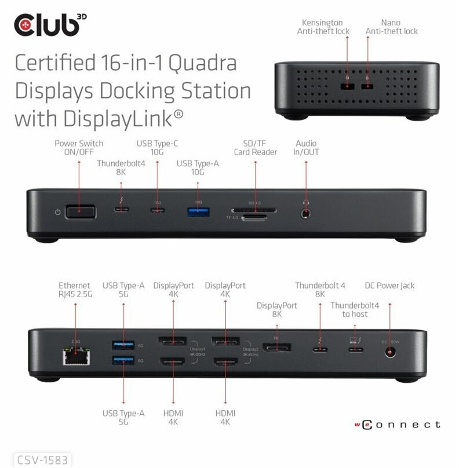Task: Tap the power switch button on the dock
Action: point(81,212)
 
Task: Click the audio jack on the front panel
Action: point(306,212)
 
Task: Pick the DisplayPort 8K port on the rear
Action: point(276,348)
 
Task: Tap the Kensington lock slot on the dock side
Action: point(347,87)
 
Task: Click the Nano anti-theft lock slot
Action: point(366,87)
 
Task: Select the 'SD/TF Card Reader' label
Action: point(256,148)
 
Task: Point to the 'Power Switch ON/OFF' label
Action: point(79,148)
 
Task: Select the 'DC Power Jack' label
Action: point(389,286)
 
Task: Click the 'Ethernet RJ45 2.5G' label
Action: point(75,290)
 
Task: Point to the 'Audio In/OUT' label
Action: point(307,148)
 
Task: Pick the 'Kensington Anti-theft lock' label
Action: point(323,27)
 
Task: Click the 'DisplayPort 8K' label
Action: point(277,310)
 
